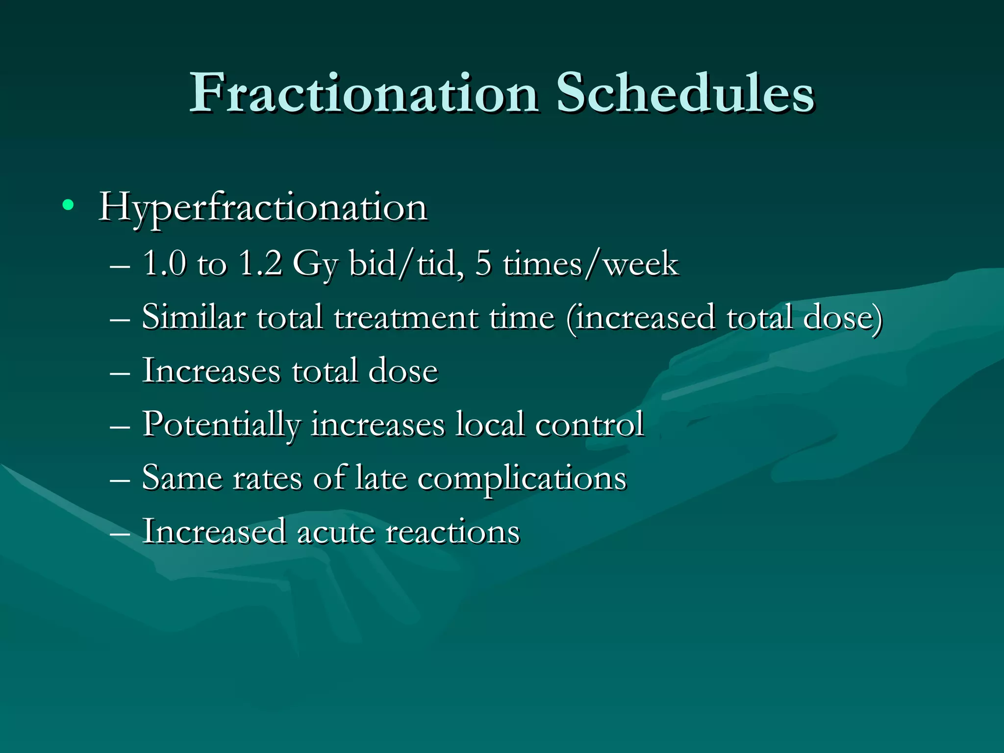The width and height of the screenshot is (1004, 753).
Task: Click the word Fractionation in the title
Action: point(364,93)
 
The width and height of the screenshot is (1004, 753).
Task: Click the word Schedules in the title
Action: point(685,93)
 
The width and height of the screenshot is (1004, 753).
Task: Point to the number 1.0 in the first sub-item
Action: point(165,263)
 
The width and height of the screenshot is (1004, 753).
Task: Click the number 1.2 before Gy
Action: point(260,263)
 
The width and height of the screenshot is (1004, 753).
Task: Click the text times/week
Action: point(591,263)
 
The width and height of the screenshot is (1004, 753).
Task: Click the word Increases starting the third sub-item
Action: point(211,371)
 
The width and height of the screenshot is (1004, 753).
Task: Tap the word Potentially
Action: point(221,425)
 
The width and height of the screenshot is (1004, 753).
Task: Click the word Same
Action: point(182,478)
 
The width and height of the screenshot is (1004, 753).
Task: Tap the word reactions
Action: point(452,532)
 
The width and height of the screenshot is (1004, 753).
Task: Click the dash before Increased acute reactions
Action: point(120,532)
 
